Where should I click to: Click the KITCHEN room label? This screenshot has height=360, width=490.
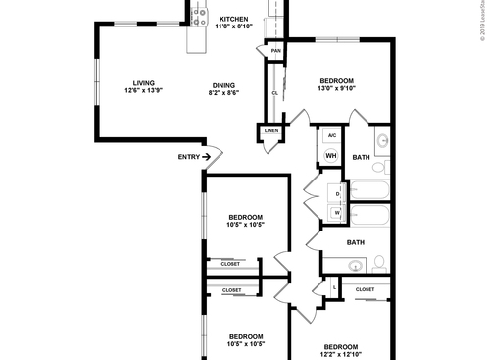[233, 20]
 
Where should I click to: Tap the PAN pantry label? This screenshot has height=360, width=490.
[276, 51]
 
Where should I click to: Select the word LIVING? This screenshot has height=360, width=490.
[146, 82]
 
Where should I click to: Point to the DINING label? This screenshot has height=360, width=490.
[223, 82]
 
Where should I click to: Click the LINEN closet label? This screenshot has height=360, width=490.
[271, 130]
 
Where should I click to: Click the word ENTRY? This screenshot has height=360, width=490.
[189, 157]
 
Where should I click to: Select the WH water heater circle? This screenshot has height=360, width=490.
[330, 156]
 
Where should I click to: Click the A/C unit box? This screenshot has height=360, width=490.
[331, 136]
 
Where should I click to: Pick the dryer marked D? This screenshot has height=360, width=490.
[336, 193]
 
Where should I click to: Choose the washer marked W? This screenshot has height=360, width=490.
[336, 212]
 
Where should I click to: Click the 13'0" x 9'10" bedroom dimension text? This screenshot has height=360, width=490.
[336, 88]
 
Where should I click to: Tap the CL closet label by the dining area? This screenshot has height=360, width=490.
[275, 93]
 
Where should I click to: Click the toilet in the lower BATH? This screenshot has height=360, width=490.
[377, 263]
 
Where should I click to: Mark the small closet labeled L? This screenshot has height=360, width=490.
[336, 287]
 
